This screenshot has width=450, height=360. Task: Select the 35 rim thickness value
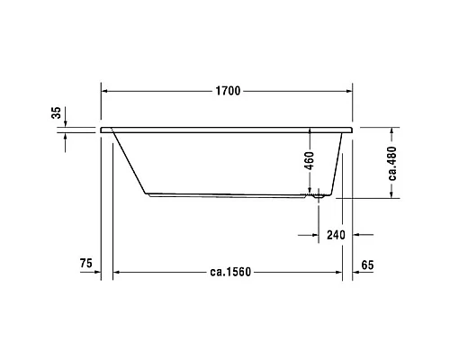click(57, 113)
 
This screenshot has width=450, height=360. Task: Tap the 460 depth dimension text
click(309, 161)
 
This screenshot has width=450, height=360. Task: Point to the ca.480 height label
click(392, 163)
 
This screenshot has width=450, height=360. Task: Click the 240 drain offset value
click(335, 236)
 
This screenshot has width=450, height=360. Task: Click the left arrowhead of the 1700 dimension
click(104, 91)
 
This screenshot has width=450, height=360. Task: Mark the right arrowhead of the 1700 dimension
click(346, 91)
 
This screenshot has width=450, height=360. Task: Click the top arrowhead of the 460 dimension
click(309, 130)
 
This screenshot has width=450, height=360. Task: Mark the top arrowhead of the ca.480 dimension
click(392, 130)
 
